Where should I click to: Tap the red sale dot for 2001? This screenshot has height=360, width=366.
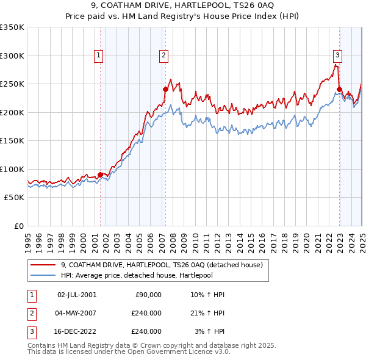click(x=100, y=175)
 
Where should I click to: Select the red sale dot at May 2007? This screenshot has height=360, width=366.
click(x=165, y=90)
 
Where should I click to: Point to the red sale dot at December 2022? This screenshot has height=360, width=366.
click(x=339, y=90)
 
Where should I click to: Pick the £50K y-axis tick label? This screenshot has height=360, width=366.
click(x=14, y=198)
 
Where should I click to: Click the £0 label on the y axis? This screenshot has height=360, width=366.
click(x=18, y=226)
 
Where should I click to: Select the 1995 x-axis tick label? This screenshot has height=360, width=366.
click(x=28, y=238)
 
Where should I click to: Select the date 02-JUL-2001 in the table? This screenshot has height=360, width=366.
click(x=76, y=295)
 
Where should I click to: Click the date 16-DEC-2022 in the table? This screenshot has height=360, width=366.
click(x=76, y=331)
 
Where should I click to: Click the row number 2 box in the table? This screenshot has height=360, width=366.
click(x=30, y=313)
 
